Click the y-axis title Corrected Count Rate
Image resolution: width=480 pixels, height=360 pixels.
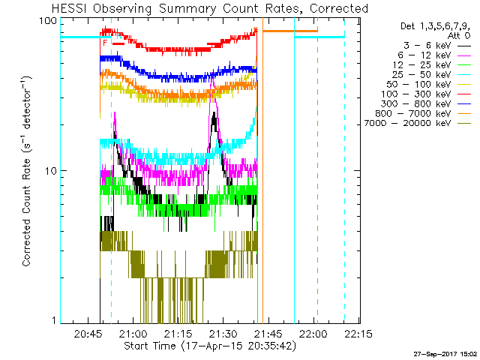[26, 171]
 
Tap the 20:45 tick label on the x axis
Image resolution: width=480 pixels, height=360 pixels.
[89, 334]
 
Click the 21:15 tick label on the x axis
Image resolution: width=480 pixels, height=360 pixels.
[178, 334]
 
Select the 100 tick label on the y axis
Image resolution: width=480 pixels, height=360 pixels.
[49, 21]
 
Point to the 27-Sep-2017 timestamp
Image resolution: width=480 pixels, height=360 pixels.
[444, 353]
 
